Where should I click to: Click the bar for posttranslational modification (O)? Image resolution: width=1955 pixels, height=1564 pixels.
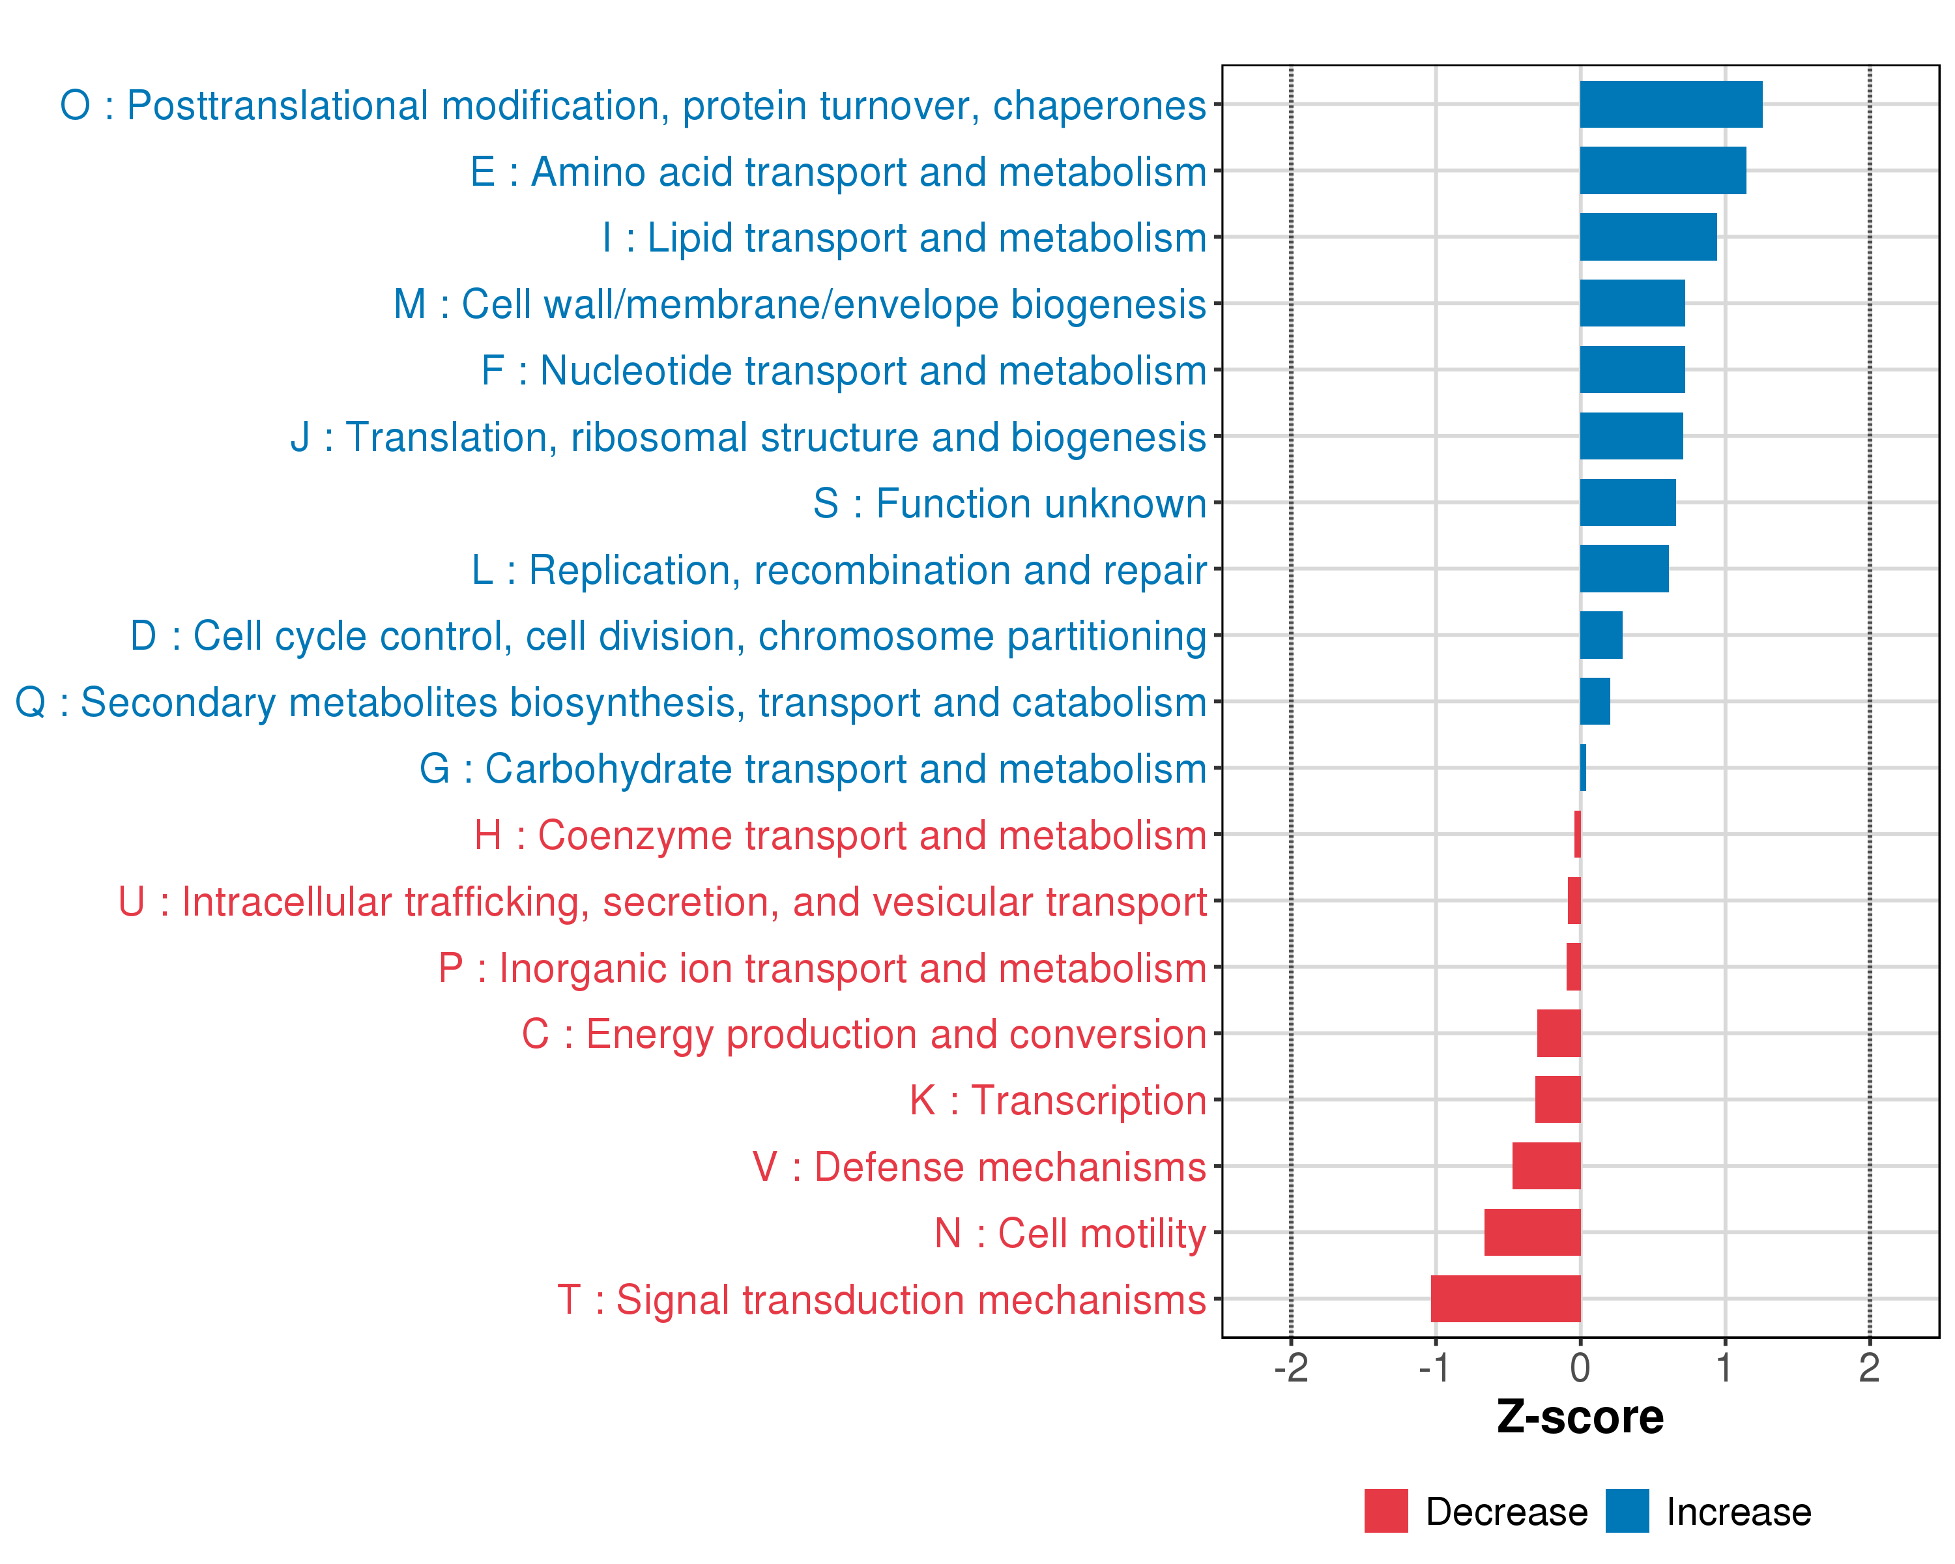pyautogui.click(x=1670, y=104)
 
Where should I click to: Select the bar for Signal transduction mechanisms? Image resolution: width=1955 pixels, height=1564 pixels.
pyautogui.click(x=1505, y=1298)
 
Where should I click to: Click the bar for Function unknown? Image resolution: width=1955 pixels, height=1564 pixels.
pyautogui.click(x=1628, y=502)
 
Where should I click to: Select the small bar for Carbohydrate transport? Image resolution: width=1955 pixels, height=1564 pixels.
pyautogui.click(x=1583, y=768)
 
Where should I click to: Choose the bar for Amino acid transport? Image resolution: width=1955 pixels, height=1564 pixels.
pyautogui.click(x=1662, y=171)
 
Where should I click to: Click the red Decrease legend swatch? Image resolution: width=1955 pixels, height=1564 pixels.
pyautogui.click(x=1385, y=1511)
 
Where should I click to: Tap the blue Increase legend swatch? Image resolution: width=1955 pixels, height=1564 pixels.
pyautogui.click(x=1627, y=1511)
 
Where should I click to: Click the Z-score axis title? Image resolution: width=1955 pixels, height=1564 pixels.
pyautogui.click(x=1580, y=1416)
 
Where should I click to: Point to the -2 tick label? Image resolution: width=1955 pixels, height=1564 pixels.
pyautogui.click(x=1291, y=1367)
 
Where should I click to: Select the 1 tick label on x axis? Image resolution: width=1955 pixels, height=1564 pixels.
pyautogui.click(x=1725, y=1367)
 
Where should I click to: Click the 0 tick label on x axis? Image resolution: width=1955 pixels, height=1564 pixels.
pyautogui.click(x=1580, y=1367)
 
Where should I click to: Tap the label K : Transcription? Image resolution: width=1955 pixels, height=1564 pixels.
pyautogui.click(x=1057, y=1101)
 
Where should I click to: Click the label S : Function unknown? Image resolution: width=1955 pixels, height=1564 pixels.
pyautogui.click(x=1009, y=503)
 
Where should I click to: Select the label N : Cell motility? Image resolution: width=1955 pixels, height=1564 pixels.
pyautogui.click(x=1070, y=1233)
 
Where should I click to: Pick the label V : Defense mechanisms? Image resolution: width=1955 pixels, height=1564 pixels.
pyautogui.click(x=979, y=1167)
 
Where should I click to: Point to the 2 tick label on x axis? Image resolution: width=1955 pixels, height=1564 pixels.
pyautogui.click(x=1869, y=1367)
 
